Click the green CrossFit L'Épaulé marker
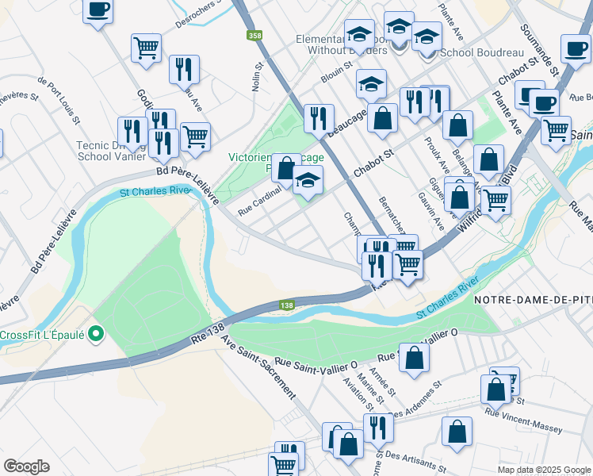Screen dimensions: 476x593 [x=96, y=334]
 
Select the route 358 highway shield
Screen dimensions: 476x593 [x=254, y=36]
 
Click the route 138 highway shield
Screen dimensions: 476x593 [x=287, y=305]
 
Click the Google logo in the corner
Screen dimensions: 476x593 [x=27, y=466]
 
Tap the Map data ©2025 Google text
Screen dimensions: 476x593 [x=544, y=470]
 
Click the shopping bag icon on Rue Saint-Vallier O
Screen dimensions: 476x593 [x=414, y=357]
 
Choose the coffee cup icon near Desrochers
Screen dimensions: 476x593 [x=98, y=10]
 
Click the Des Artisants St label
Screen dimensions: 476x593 [x=414, y=460]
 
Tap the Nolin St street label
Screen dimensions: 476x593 [x=257, y=78]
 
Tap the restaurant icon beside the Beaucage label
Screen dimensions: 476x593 [x=319, y=118]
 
